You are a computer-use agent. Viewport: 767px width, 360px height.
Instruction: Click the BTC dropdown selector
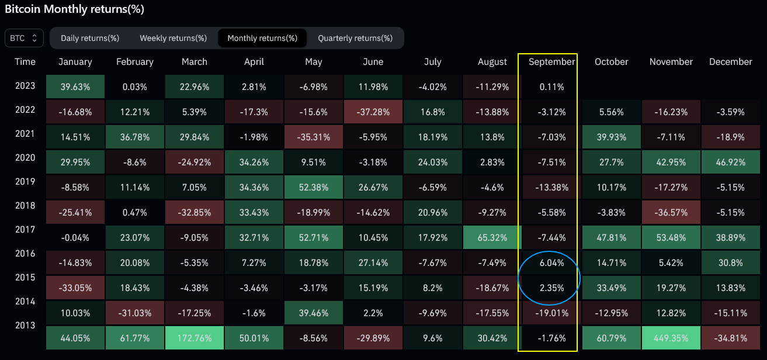pos(24,38)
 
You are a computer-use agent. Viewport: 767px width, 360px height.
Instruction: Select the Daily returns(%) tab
pos(90,38)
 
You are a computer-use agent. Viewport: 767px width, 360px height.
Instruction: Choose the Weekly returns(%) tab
pos(173,38)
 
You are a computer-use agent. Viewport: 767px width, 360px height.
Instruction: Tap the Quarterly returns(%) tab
pos(355,38)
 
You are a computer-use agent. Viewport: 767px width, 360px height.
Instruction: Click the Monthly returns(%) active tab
pos(262,38)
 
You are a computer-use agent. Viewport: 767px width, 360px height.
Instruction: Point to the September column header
pos(551,61)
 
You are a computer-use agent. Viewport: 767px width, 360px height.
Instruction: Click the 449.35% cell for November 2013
pos(671,337)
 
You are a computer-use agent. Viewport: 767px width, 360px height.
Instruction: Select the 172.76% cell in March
pos(195,337)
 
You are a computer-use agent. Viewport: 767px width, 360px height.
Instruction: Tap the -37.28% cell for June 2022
pos(373,111)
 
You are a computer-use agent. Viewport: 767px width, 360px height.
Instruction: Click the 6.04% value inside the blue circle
pos(551,263)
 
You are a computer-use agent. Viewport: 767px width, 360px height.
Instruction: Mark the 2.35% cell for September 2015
pos(551,288)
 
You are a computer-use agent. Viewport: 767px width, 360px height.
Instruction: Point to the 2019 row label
pos(25,182)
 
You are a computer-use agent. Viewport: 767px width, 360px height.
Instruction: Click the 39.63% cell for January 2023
pos(75,87)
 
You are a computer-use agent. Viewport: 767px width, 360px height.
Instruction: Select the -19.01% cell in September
pos(551,313)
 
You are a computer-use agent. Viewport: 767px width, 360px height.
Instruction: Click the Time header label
pos(25,61)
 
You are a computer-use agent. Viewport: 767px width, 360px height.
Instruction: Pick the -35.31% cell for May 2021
pos(314,137)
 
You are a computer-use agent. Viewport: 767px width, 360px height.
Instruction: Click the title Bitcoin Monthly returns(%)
pos(74,9)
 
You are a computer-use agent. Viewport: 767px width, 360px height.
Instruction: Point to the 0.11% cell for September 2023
pos(551,87)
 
